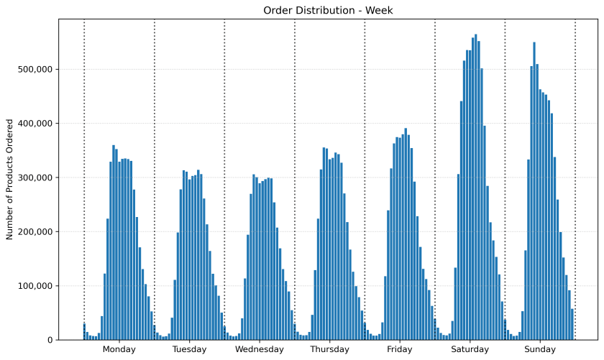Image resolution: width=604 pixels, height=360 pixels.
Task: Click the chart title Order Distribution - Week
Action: pyautogui.click(x=328, y=10)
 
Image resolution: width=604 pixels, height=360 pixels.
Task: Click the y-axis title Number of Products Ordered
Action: pyautogui.click(x=10, y=179)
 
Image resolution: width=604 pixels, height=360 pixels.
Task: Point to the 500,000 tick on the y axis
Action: pyautogui.click(x=37, y=70)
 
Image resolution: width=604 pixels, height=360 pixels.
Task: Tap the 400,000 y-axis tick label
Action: pyautogui.click(x=37, y=124)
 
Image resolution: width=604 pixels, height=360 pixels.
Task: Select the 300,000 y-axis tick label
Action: pyautogui.click(x=37, y=177)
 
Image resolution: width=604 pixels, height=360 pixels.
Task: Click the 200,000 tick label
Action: pyautogui.click(x=37, y=231)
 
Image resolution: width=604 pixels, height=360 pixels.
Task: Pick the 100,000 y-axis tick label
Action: pyautogui.click(x=37, y=286)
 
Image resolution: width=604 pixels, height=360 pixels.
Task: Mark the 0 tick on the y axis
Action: pyautogui.click(x=50, y=340)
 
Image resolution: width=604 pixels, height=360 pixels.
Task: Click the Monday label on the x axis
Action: pyautogui.click(x=119, y=350)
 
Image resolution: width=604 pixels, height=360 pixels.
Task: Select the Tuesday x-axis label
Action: pyautogui.click(x=189, y=350)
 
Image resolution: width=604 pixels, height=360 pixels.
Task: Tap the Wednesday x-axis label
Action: pyautogui.click(x=260, y=350)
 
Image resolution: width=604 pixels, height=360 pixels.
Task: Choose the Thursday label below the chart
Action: pyautogui.click(x=329, y=350)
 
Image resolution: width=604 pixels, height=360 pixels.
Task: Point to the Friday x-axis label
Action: pyautogui.click(x=400, y=350)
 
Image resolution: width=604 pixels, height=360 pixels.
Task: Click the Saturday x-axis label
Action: pyautogui.click(x=470, y=350)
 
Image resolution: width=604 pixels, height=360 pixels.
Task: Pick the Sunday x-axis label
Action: pyautogui.click(x=540, y=350)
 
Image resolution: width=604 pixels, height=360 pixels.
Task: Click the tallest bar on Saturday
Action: pyautogui.click(x=475, y=187)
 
